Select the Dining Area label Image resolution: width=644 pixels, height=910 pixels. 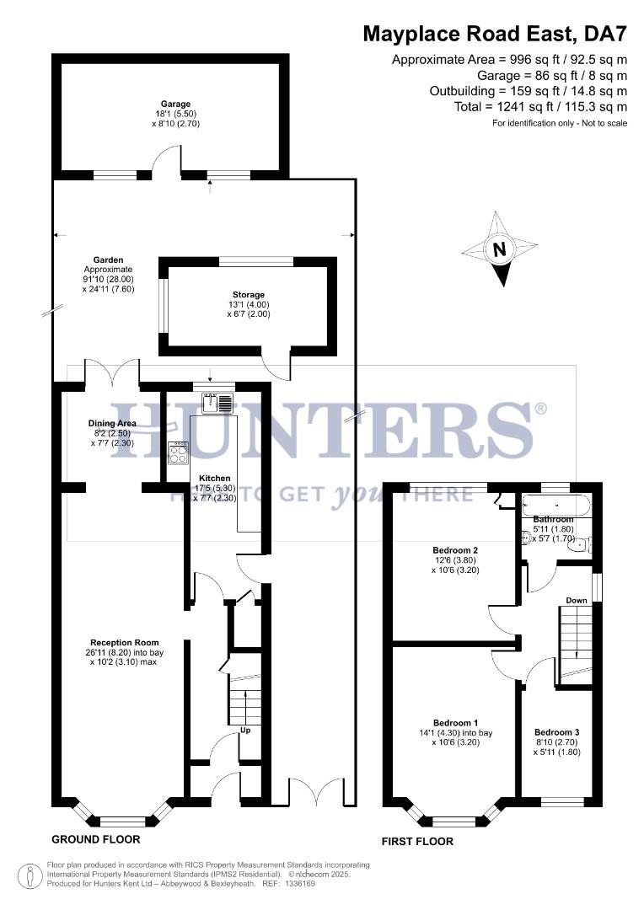click(x=112, y=423)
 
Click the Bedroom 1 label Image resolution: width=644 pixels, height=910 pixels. click(x=456, y=723)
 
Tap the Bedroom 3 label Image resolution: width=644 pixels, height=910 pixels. click(x=556, y=732)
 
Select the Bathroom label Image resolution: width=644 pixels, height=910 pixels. click(x=553, y=519)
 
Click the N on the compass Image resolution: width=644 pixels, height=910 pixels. click(x=500, y=249)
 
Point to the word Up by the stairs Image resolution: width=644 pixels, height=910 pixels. click(x=246, y=731)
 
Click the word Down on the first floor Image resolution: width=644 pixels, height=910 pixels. click(x=577, y=601)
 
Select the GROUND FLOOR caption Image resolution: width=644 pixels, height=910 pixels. click(x=96, y=839)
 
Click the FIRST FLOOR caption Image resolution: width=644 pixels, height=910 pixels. click(x=417, y=841)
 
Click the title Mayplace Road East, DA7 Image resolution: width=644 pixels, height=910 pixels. click(x=496, y=34)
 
